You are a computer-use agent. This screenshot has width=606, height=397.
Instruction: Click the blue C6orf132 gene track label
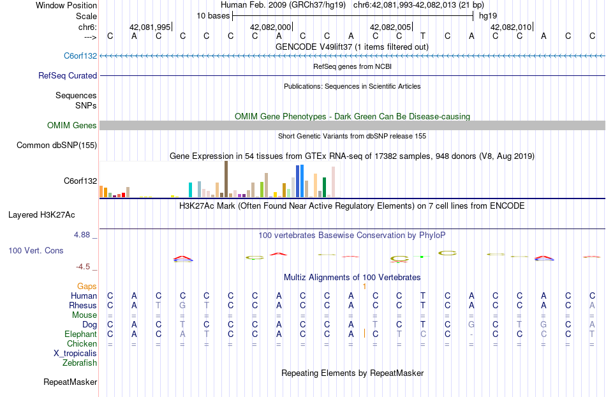point(80,56)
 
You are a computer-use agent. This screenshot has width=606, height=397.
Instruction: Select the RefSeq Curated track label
point(68,75)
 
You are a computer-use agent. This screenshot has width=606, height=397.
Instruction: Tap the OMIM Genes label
point(71,126)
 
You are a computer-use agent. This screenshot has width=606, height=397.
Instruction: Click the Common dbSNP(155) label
point(56,146)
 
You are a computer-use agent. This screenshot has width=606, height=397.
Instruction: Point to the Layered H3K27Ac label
point(41,214)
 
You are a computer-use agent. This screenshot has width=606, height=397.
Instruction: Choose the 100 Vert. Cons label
point(36,251)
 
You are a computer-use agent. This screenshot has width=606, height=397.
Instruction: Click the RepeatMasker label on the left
point(70,382)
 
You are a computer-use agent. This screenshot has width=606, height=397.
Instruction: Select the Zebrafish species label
point(80,363)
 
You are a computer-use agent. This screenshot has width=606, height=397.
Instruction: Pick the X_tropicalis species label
point(75,354)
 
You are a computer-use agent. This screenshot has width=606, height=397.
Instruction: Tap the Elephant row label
point(80,334)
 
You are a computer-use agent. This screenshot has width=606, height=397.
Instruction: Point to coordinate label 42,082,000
point(271,27)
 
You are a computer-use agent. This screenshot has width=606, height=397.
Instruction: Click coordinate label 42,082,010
point(511,27)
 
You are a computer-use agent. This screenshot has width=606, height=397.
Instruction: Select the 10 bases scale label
point(213,15)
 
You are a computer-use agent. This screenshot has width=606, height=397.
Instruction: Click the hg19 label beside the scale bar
point(488,15)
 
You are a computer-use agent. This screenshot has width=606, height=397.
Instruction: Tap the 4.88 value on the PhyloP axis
point(83,235)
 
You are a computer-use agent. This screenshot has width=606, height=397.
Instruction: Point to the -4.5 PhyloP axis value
point(84,267)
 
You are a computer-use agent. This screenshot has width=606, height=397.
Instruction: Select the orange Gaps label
point(87,287)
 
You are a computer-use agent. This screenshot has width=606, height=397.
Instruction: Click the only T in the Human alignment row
point(423,296)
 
